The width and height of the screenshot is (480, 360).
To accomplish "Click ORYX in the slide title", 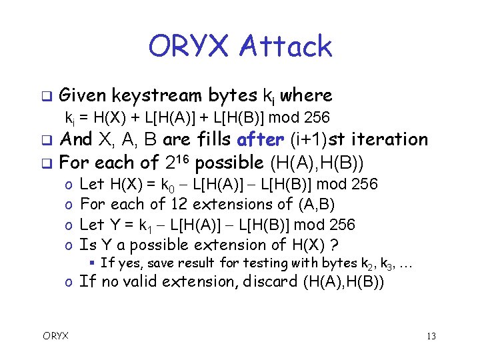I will tap(189, 47).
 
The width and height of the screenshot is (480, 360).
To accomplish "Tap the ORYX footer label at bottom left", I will tap(56, 335).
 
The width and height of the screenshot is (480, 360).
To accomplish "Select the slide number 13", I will tap(431, 336).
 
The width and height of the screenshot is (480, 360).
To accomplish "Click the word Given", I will tap(83, 95).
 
